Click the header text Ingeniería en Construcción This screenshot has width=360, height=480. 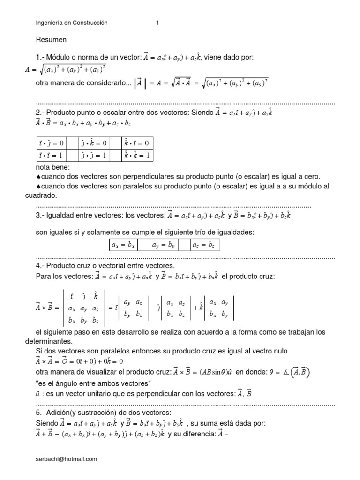coord(72,22)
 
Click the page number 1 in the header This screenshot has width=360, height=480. coord(157,22)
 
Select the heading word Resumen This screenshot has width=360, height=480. coord(51,40)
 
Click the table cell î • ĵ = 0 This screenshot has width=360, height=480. coord(52,142)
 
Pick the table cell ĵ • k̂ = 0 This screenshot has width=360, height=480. coord(94,142)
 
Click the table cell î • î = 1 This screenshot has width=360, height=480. coord(52,155)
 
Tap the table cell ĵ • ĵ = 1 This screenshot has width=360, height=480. coord(94,155)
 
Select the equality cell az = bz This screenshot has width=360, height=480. coord(205,245)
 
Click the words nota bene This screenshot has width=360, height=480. coord(52,167)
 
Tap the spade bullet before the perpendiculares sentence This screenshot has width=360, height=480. coord(38,177)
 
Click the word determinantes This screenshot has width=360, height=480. coord(48,341)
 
